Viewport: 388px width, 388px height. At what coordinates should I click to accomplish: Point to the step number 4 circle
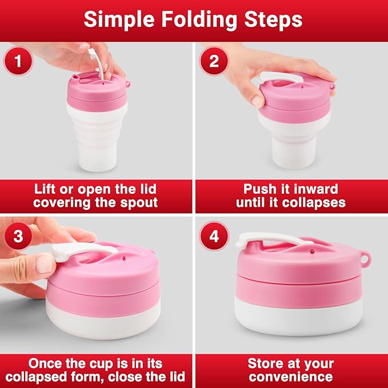214,236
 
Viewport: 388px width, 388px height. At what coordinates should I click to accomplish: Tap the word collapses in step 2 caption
320,202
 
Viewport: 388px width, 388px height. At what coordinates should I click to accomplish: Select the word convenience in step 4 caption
290,377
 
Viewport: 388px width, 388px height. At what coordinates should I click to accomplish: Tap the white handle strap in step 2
280,81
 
